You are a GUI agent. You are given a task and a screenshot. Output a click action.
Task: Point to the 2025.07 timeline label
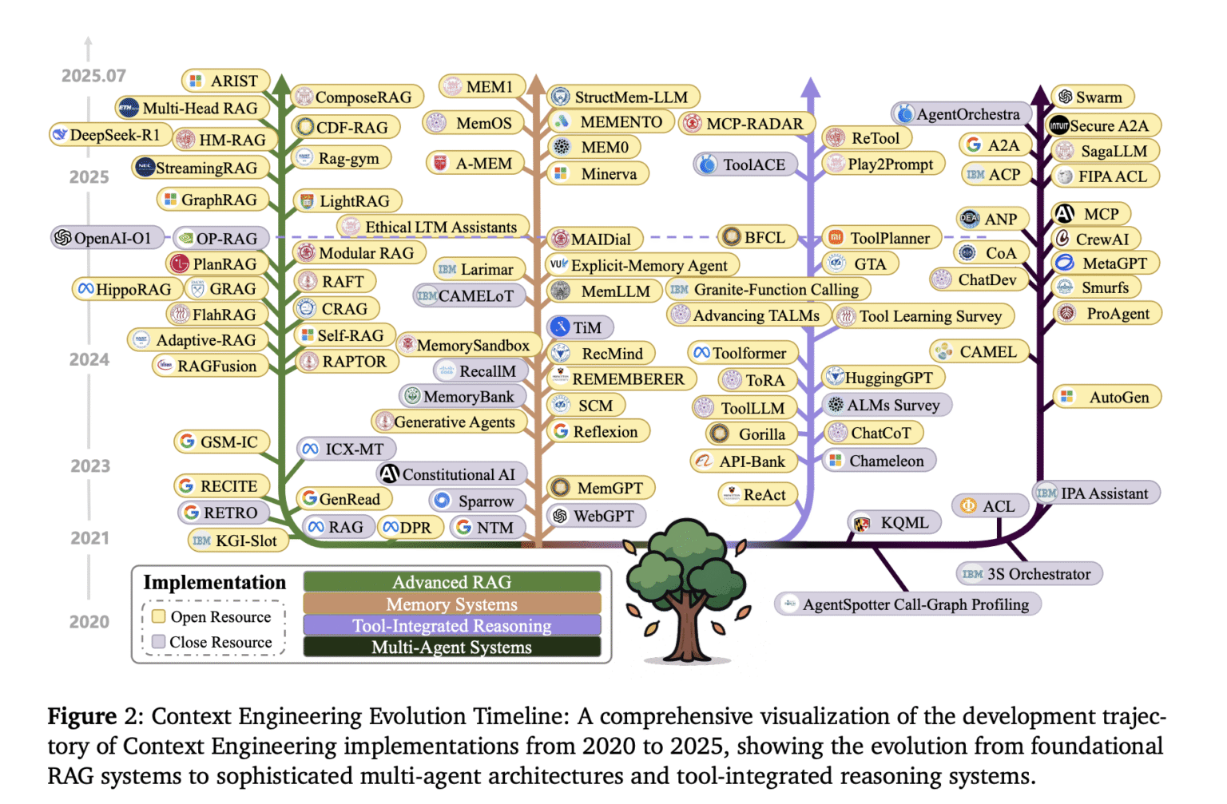(x=93, y=76)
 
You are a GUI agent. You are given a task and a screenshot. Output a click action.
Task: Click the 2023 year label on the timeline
(x=89, y=465)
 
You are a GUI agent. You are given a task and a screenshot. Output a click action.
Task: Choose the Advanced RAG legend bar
(x=451, y=582)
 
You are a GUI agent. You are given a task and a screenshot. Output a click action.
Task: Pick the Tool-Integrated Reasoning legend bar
(x=451, y=626)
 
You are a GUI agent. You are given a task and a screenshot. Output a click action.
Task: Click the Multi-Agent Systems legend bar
(x=451, y=648)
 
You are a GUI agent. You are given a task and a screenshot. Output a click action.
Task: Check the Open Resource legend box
(x=159, y=616)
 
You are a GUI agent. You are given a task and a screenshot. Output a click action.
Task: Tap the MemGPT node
(x=601, y=488)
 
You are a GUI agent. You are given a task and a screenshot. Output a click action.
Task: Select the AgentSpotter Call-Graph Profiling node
(x=907, y=604)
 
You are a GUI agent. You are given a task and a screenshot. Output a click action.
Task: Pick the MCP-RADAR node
(x=747, y=124)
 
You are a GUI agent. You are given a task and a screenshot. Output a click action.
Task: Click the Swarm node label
(x=1091, y=97)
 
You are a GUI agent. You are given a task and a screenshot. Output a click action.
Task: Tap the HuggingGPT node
(x=884, y=378)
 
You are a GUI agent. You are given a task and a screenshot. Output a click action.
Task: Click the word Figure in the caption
(x=82, y=716)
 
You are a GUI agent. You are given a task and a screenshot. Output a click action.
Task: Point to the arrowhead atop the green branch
(x=281, y=83)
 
